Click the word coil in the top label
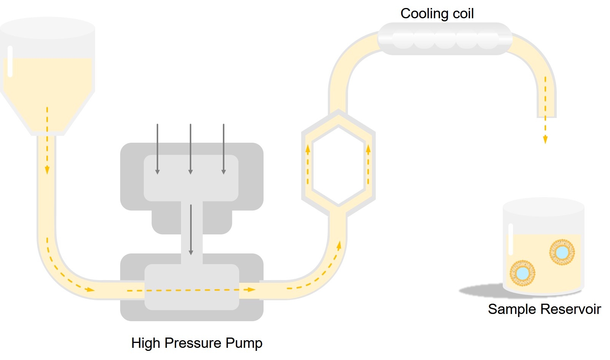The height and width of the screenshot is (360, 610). coord(463,14)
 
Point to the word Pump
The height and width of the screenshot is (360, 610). coord(244,343)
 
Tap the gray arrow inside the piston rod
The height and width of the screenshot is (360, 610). coord(191,230)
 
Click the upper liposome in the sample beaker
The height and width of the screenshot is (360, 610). coord(562,252)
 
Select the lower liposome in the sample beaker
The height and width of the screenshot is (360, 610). coord(523,273)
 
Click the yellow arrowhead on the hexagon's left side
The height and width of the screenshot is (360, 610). coord(308,149)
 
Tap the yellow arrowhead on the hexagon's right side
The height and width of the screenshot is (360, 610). coord(368,149)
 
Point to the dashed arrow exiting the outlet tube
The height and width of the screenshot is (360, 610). coord(545,129)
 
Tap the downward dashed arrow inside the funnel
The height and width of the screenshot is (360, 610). coord(47,141)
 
